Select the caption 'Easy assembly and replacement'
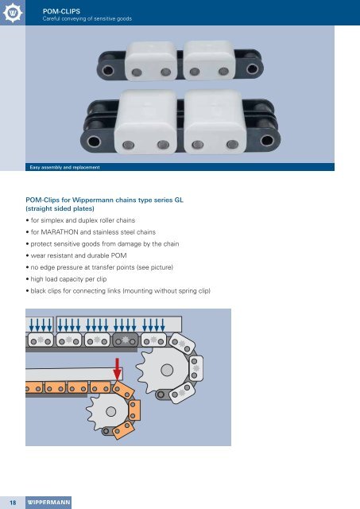tap(64, 168)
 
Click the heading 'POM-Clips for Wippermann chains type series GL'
tap(105, 200)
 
